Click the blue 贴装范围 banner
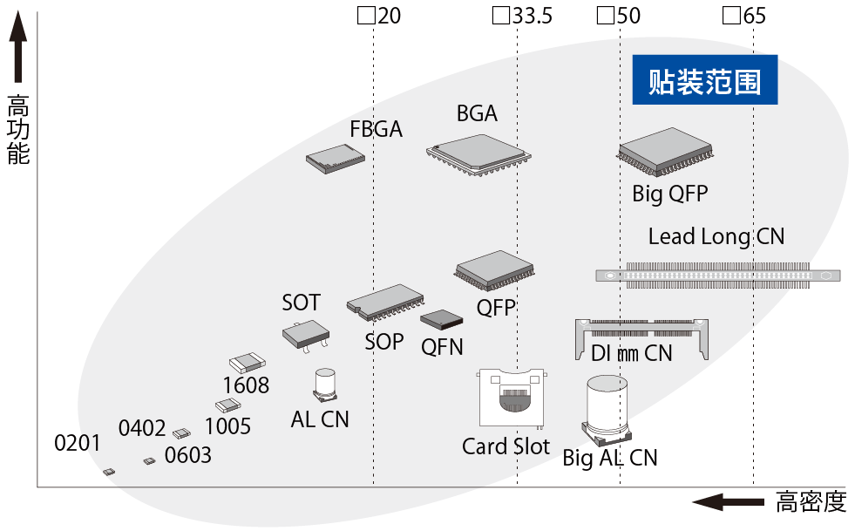pos(704,81)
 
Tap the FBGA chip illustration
pos(335,158)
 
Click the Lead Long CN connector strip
pos(717,275)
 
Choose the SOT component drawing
pos(305,334)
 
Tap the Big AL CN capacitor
pos(607,409)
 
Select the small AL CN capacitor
pos(325,385)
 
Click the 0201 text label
pos(78,443)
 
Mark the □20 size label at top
pos(379,16)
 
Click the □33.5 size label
pos(522,16)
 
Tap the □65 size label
pos(744,16)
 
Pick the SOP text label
pos(383,341)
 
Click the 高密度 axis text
pos(811,502)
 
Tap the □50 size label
pos(618,16)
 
